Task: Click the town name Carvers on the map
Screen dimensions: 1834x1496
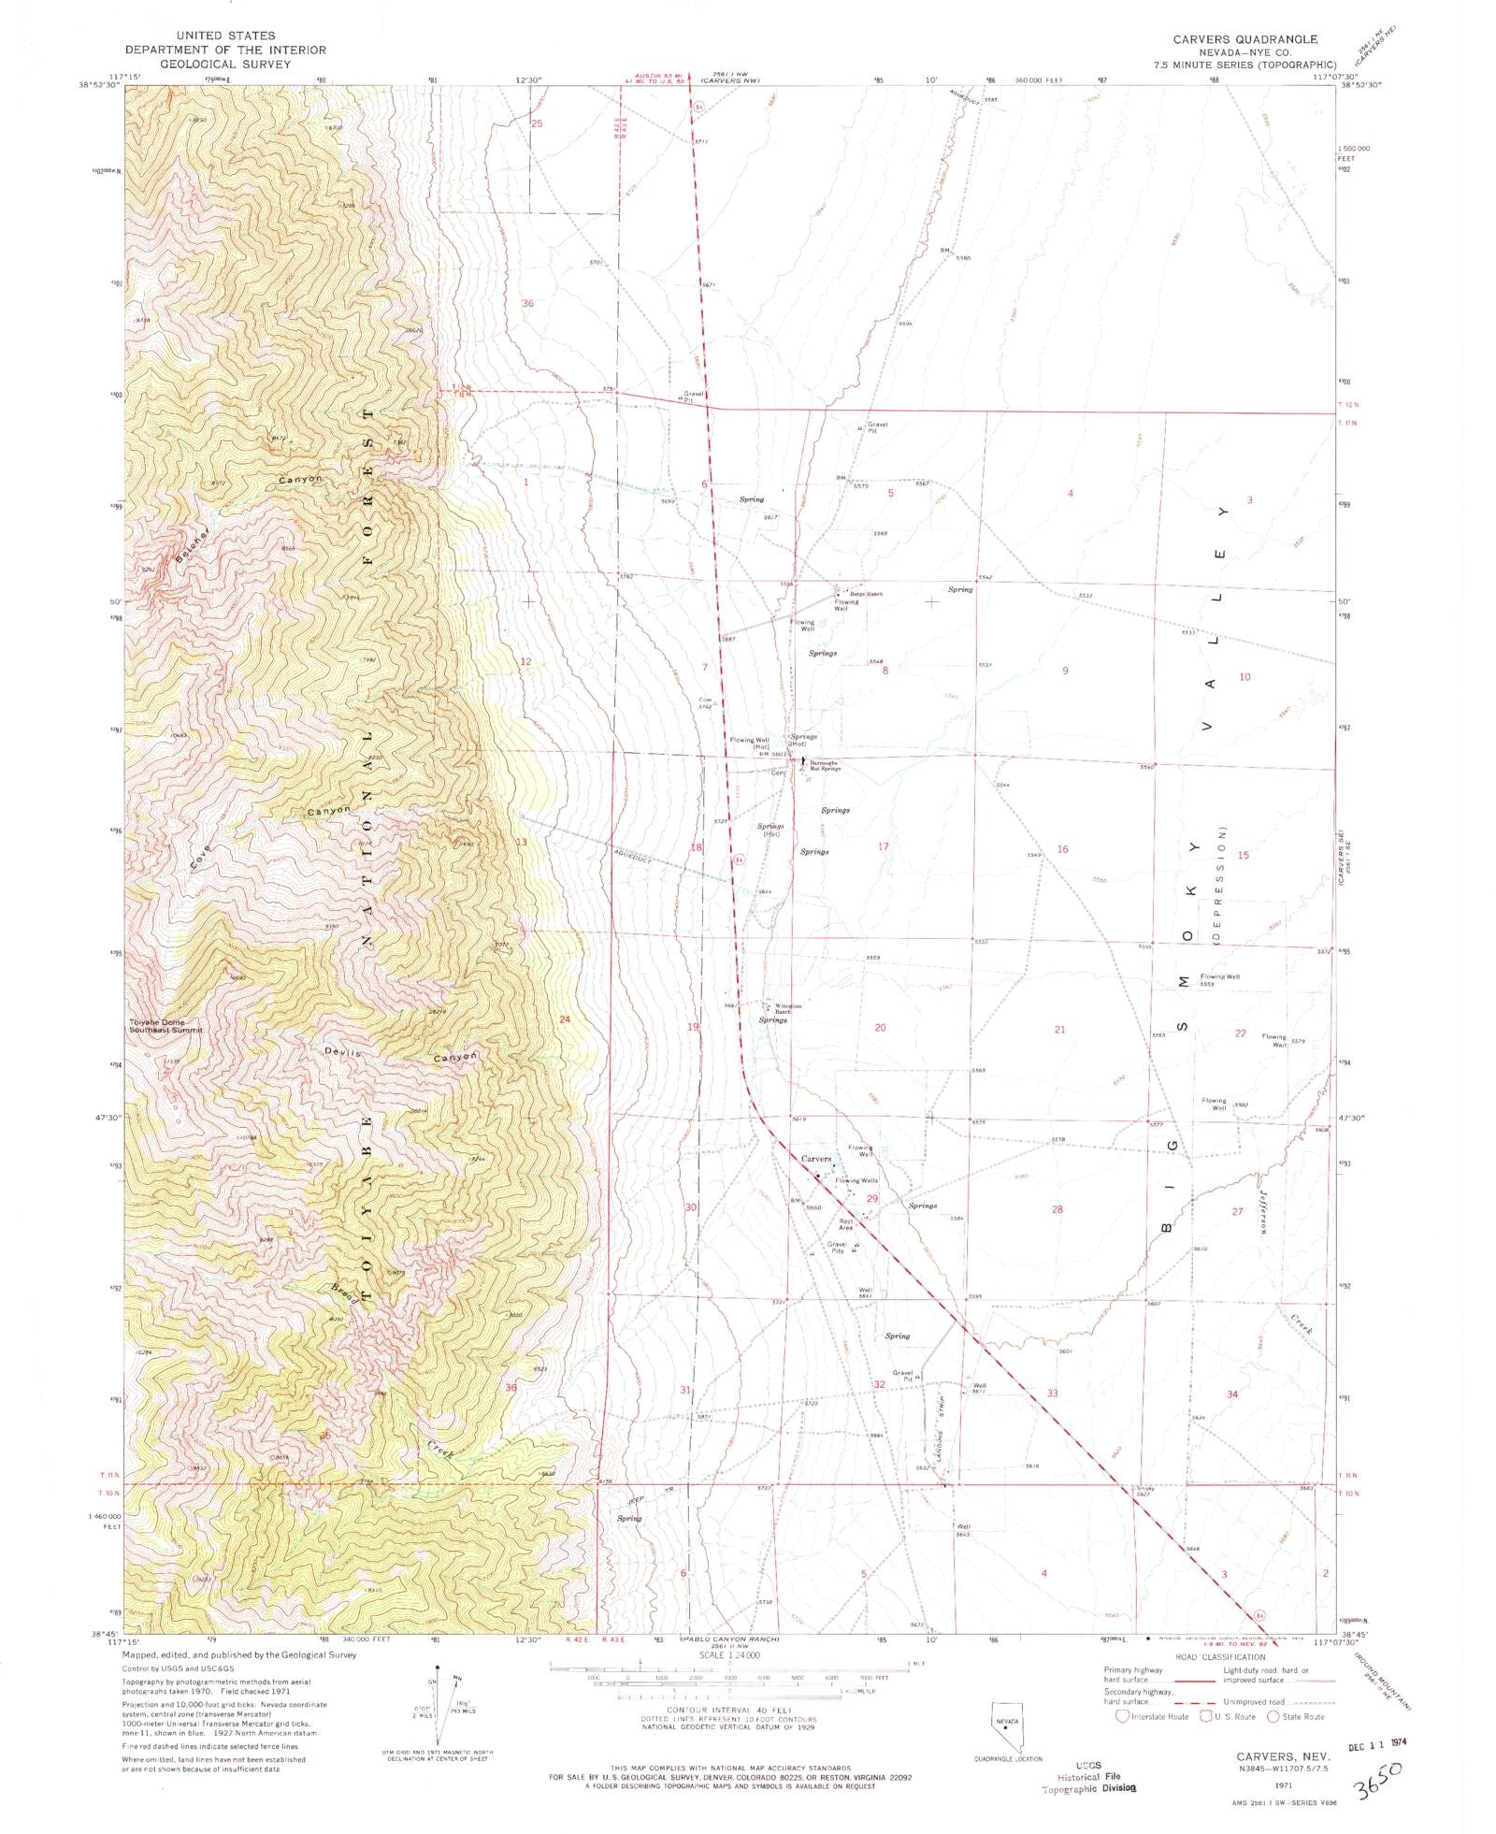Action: [x=816, y=1159]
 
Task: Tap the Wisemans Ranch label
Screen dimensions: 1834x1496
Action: [x=783, y=1009]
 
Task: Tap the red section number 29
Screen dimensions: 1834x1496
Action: [x=871, y=1198]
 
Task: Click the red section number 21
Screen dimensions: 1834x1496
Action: [x=1059, y=1029]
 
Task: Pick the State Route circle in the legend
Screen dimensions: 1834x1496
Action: [x=1273, y=1716]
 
